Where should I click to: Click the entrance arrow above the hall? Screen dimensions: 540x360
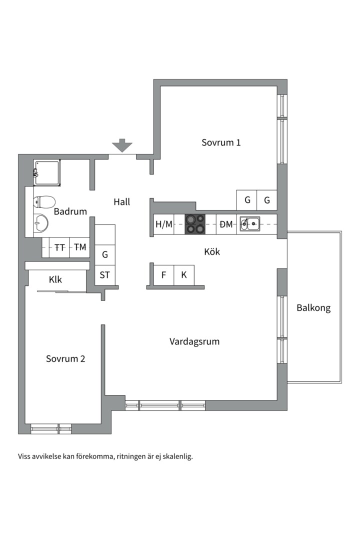pyautogui.click(x=122, y=146)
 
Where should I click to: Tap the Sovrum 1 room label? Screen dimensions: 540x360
pyautogui.click(x=221, y=142)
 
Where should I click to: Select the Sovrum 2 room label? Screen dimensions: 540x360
pyautogui.click(x=65, y=359)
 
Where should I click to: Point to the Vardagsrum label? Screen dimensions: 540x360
pyautogui.click(x=194, y=342)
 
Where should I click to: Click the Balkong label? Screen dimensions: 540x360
pyautogui.click(x=313, y=308)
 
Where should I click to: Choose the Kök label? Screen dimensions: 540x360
pyautogui.click(x=212, y=252)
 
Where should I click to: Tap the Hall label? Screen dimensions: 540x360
pyautogui.click(x=121, y=202)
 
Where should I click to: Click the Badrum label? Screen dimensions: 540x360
pyautogui.click(x=70, y=211)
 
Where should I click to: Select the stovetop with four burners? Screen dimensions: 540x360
pyautogui.click(x=195, y=224)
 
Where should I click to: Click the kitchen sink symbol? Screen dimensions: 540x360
pyautogui.click(x=250, y=224)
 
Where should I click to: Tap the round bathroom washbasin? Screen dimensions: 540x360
pyautogui.click(x=40, y=223)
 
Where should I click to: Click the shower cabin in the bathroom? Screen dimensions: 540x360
pyautogui.click(x=47, y=173)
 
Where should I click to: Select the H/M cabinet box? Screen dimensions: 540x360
pyautogui.click(x=163, y=224)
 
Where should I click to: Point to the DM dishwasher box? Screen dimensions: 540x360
pyautogui.click(x=226, y=224)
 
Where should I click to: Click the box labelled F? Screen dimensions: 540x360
pyautogui.click(x=163, y=274)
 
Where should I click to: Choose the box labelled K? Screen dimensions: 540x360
pyautogui.click(x=184, y=274)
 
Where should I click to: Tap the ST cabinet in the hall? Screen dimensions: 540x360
pyautogui.click(x=105, y=275)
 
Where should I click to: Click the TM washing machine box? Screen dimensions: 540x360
pyautogui.click(x=79, y=247)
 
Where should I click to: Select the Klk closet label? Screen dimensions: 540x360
pyautogui.click(x=55, y=279)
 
